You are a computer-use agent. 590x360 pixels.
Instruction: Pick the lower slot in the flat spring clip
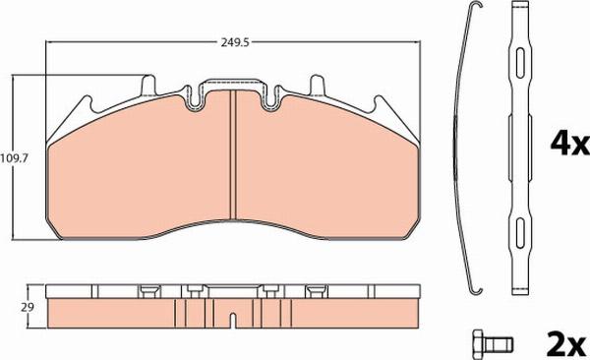pyautogui.click(x=518, y=233)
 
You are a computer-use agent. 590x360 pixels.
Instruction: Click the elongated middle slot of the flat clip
pyautogui.click(x=518, y=149)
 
